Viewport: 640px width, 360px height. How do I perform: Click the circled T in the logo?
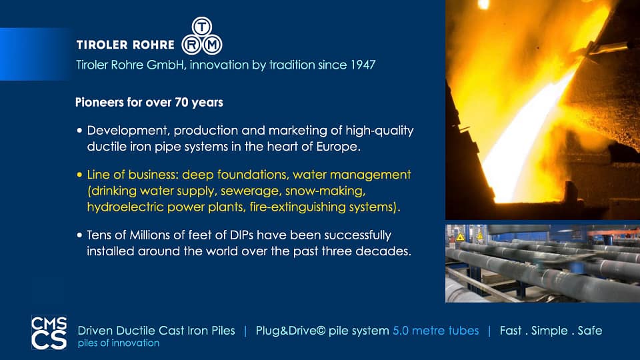(201, 27)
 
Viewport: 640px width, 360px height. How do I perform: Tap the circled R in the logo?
(191, 45)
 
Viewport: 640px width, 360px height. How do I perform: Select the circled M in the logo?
(212, 45)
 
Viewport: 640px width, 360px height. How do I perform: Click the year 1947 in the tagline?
(363, 65)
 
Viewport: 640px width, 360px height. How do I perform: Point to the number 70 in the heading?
(181, 102)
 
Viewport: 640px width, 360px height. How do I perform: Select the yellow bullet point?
(79, 175)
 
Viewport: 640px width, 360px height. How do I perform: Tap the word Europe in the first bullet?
(338, 147)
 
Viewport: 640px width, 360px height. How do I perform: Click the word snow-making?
(325, 191)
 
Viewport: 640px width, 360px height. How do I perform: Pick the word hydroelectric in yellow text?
(125, 207)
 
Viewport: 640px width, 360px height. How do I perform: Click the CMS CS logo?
(49, 332)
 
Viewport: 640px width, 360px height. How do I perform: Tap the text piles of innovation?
(119, 343)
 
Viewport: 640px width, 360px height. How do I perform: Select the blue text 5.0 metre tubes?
(435, 331)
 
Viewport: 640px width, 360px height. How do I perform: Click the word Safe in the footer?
(590, 331)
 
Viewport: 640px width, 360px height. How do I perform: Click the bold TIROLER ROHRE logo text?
(125, 45)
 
